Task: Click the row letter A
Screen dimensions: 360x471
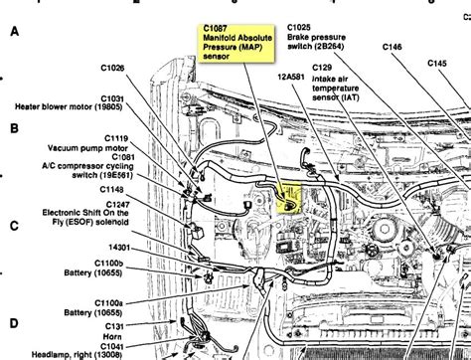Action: (13, 32)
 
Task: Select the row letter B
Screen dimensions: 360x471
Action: (13, 128)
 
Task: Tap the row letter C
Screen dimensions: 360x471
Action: (13, 225)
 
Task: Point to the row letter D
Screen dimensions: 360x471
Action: (13, 322)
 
